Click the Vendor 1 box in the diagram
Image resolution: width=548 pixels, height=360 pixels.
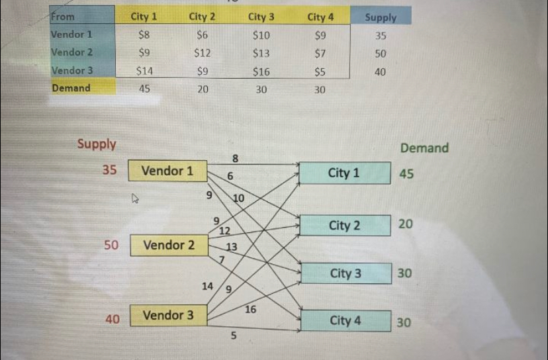tap(167, 171)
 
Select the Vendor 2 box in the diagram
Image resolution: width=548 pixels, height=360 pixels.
tap(169, 246)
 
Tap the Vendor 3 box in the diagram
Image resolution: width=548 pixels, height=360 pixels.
tap(169, 316)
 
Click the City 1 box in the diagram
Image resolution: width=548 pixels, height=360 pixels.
tap(344, 173)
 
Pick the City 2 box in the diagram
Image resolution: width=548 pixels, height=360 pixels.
tap(344, 226)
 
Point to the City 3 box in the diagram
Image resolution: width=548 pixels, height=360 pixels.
tap(345, 273)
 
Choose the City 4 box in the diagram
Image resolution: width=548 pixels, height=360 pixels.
tap(345, 321)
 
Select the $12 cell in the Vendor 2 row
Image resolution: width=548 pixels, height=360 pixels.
tap(202, 52)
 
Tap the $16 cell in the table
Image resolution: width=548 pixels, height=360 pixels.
tap(261, 71)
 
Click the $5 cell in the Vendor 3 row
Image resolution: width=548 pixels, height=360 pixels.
tap(320, 71)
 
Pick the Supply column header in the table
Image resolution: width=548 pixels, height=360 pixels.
tap(381, 17)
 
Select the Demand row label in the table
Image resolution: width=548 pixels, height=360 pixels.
tap(71, 87)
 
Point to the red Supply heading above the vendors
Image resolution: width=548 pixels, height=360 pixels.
tap(97, 144)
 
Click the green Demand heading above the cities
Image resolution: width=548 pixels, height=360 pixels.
tap(424, 148)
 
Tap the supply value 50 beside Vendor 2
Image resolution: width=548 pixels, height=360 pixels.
tap(111, 246)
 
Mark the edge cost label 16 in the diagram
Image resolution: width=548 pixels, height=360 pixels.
tap(251, 309)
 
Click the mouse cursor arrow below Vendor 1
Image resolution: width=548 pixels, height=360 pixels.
tap(135, 197)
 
